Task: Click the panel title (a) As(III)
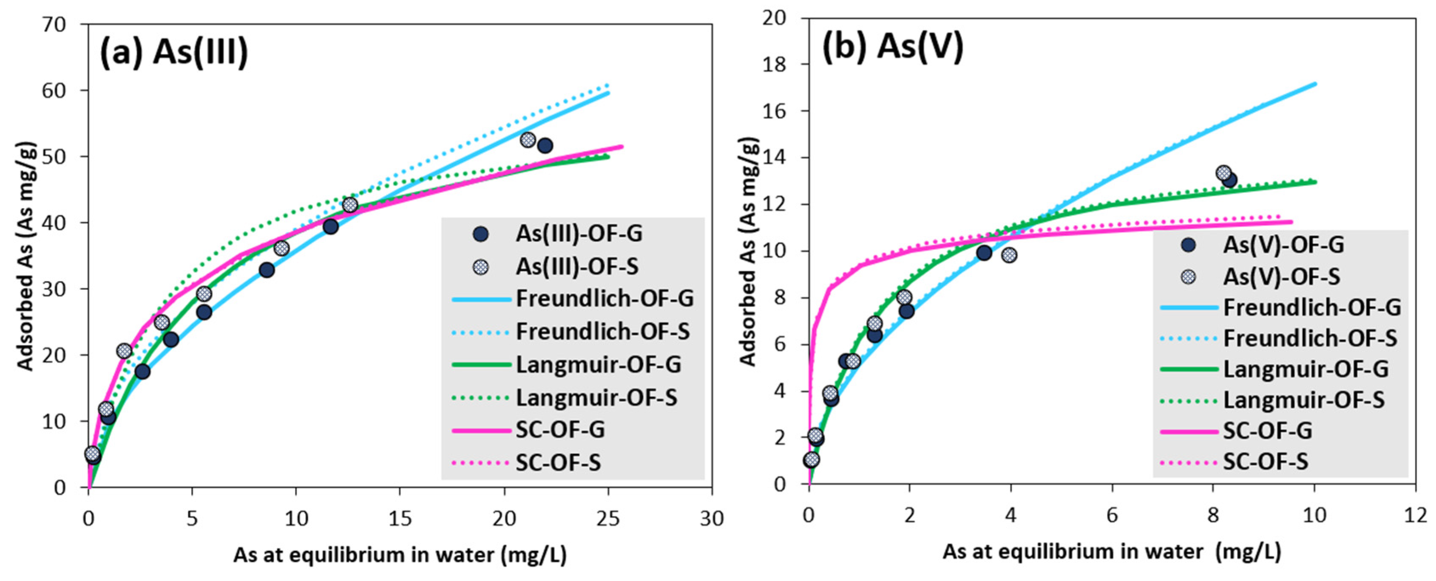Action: tap(174, 53)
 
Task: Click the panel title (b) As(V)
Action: tap(892, 46)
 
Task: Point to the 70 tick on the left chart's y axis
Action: tap(55, 25)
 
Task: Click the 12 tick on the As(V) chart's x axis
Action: tap(1415, 515)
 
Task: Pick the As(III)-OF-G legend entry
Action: tap(578, 234)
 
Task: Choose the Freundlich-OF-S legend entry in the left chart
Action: tap(602, 332)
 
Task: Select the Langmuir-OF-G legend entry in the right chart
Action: tap(1305, 369)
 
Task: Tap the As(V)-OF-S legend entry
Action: tap(1281, 276)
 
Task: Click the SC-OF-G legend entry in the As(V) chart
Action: tap(1267, 431)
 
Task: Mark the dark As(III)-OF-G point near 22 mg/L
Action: tap(545, 145)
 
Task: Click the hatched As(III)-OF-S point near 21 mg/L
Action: tap(528, 140)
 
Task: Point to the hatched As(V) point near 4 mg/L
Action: tap(1009, 255)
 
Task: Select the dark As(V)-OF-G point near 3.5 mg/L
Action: tap(984, 253)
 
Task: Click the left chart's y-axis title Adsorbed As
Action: tap(25, 256)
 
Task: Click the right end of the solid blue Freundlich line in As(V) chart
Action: tap(1314, 84)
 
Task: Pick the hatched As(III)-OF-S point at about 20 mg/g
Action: tap(124, 351)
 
